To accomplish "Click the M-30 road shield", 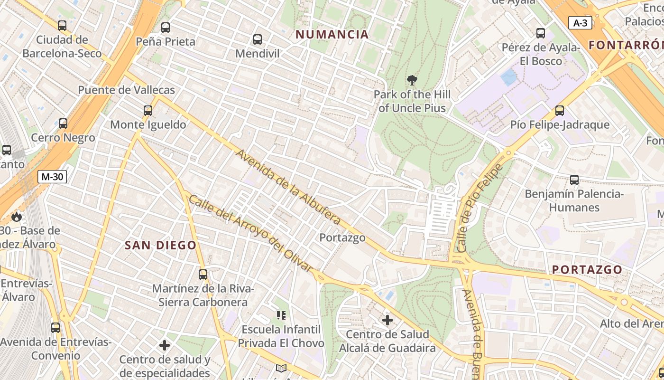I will tap(52, 177).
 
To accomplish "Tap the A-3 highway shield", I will tap(580, 23).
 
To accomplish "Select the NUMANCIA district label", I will tap(332, 34).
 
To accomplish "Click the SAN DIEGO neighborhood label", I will tap(160, 245).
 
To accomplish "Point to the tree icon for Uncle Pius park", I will tap(412, 80).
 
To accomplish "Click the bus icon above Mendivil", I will tap(258, 39).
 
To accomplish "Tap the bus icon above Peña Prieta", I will tap(166, 28).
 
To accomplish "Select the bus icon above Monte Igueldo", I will tap(148, 111).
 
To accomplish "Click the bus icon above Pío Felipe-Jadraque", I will tap(560, 111).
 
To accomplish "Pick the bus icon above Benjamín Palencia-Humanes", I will tap(574, 180).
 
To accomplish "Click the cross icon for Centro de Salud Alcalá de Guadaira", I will tap(387, 320).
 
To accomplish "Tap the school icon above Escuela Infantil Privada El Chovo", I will tap(281, 315).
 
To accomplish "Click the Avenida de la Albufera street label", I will tap(288, 187).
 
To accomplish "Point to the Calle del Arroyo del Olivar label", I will tap(251, 233).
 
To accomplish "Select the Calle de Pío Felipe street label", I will tap(479, 208).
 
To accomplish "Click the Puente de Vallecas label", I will tap(126, 90).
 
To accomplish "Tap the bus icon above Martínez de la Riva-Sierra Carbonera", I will tap(203, 275).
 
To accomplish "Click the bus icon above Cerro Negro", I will tap(63, 123).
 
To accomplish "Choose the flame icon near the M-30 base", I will tap(17, 217).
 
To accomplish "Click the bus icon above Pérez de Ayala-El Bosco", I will tap(541, 33).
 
